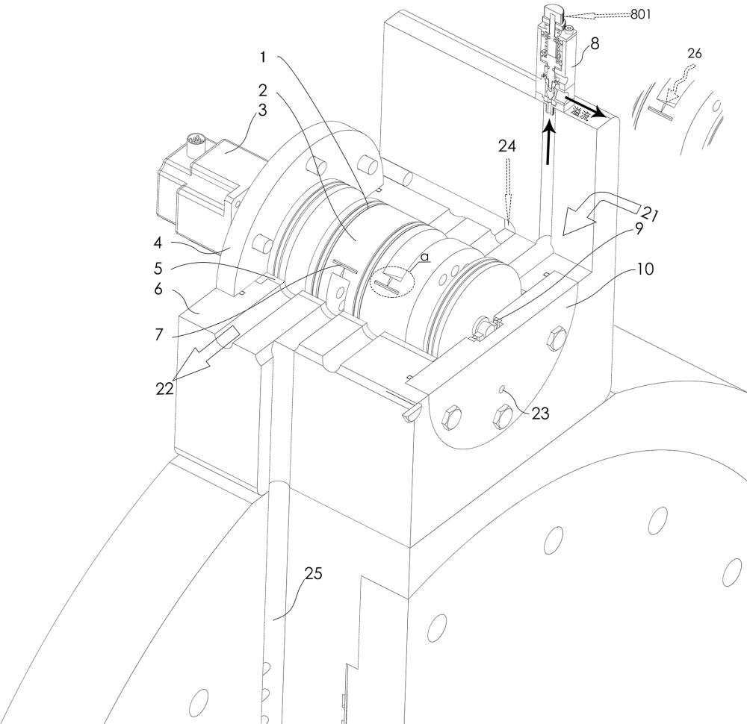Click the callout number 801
click(641, 14)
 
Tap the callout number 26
click(695, 53)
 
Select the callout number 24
click(507, 146)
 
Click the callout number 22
click(165, 389)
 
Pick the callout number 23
click(540, 414)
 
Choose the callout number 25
click(314, 574)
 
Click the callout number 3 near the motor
click(262, 110)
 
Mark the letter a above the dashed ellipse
click(424, 258)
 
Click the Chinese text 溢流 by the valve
click(580, 113)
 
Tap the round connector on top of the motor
click(196, 143)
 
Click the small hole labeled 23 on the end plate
click(501, 390)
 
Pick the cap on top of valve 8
click(554, 12)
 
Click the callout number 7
click(158, 334)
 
